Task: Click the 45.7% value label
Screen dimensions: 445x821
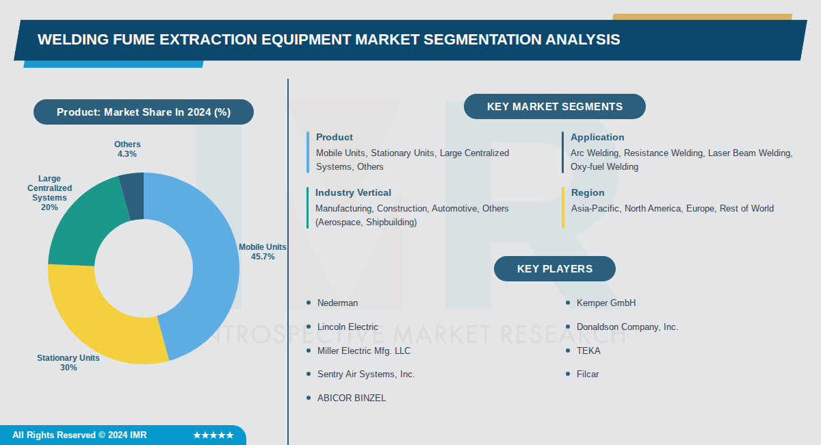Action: [263, 257]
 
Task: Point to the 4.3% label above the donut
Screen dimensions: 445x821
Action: [127, 154]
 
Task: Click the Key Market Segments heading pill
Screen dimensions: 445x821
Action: [554, 107]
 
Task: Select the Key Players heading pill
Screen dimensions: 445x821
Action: [554, 268]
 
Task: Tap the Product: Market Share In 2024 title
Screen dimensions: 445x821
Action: [144, 112]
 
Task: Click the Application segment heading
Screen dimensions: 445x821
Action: [597, 137]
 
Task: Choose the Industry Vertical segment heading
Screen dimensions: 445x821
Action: [353, 192]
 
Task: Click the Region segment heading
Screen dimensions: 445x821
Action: [588, 192]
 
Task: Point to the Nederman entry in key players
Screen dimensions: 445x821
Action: [337, 303]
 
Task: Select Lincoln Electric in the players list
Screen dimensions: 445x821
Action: [348, 327]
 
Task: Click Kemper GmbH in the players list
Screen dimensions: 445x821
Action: [606, 303]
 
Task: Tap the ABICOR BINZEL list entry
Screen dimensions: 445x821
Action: [352, 398]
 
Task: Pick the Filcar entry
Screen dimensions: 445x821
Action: [588, 374]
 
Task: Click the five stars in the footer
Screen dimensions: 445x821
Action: [213, 435]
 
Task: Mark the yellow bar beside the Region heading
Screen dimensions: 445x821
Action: [563, 207]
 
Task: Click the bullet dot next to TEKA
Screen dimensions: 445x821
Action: [567, 351]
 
